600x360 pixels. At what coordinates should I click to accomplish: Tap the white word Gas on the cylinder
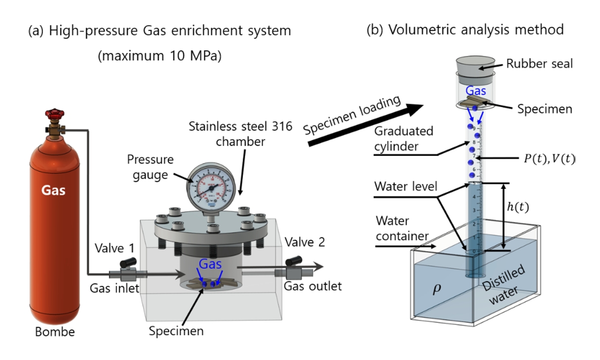pos(54,189)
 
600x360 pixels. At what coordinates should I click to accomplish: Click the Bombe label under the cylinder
pos(54,331)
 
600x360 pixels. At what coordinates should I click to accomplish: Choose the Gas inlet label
pos(112,288)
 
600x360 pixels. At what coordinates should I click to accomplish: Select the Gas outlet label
pos(313,286)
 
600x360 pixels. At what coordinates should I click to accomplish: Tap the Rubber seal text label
pos(539,64)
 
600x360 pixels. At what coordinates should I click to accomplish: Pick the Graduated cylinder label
pos(403,139)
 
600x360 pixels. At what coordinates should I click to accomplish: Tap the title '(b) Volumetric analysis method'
pos(464,30)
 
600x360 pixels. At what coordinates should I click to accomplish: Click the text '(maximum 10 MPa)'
pos(159,56)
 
